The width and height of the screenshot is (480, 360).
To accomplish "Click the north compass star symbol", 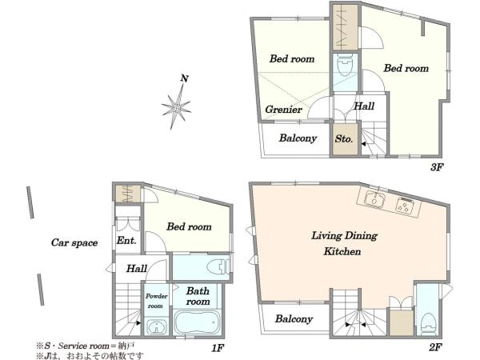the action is [177, 107].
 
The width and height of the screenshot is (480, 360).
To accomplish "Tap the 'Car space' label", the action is [74, 242].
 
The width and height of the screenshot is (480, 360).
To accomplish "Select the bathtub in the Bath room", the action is [198, 323].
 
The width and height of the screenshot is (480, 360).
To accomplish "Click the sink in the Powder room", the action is [157, 327].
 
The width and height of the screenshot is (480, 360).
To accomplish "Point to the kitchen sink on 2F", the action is [374, 198].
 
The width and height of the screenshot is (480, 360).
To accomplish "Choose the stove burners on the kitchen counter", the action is [406, 205].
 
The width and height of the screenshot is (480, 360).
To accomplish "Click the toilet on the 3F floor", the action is [345, 65].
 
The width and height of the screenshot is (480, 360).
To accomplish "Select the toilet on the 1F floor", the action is [218, 267].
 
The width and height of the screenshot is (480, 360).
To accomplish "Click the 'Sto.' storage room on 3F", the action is [345, 139].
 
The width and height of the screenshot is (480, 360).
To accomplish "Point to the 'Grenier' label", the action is [283, 110].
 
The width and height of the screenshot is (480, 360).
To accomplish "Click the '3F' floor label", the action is [437, 167].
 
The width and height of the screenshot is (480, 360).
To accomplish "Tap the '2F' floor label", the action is [435, 347].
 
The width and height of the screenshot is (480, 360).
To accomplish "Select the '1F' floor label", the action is [218, 348].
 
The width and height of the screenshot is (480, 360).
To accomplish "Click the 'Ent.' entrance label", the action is [126, 240].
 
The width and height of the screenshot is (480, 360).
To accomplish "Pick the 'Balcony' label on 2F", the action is [294, 319].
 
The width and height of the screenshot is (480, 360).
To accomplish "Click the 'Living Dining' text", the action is [344, 236].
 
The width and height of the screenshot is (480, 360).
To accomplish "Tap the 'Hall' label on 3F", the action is [364, 106].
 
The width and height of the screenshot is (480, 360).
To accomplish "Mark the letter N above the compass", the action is [184, 78].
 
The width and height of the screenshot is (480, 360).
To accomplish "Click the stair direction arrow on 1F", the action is [138, 323].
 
